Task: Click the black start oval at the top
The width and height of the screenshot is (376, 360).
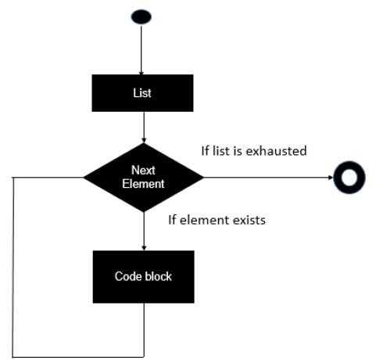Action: point(143,16)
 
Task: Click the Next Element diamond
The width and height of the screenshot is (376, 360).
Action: point(144,178)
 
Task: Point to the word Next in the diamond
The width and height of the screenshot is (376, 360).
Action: point(144,170)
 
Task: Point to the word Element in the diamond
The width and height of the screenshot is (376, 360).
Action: point(144,185)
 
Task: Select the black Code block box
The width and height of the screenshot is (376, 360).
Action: point(144,276)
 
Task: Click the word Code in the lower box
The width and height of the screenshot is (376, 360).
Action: point(128,276)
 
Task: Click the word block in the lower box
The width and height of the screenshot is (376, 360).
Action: point(158,276)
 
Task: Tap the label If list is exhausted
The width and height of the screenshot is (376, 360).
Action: point(253,149)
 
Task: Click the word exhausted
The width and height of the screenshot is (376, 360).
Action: point(278,149)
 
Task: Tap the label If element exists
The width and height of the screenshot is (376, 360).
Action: point(217,220)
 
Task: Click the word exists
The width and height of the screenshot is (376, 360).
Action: point(249,220)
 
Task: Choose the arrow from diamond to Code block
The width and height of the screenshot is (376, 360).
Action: point(144,231)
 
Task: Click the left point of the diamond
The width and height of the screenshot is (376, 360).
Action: point(85,178)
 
